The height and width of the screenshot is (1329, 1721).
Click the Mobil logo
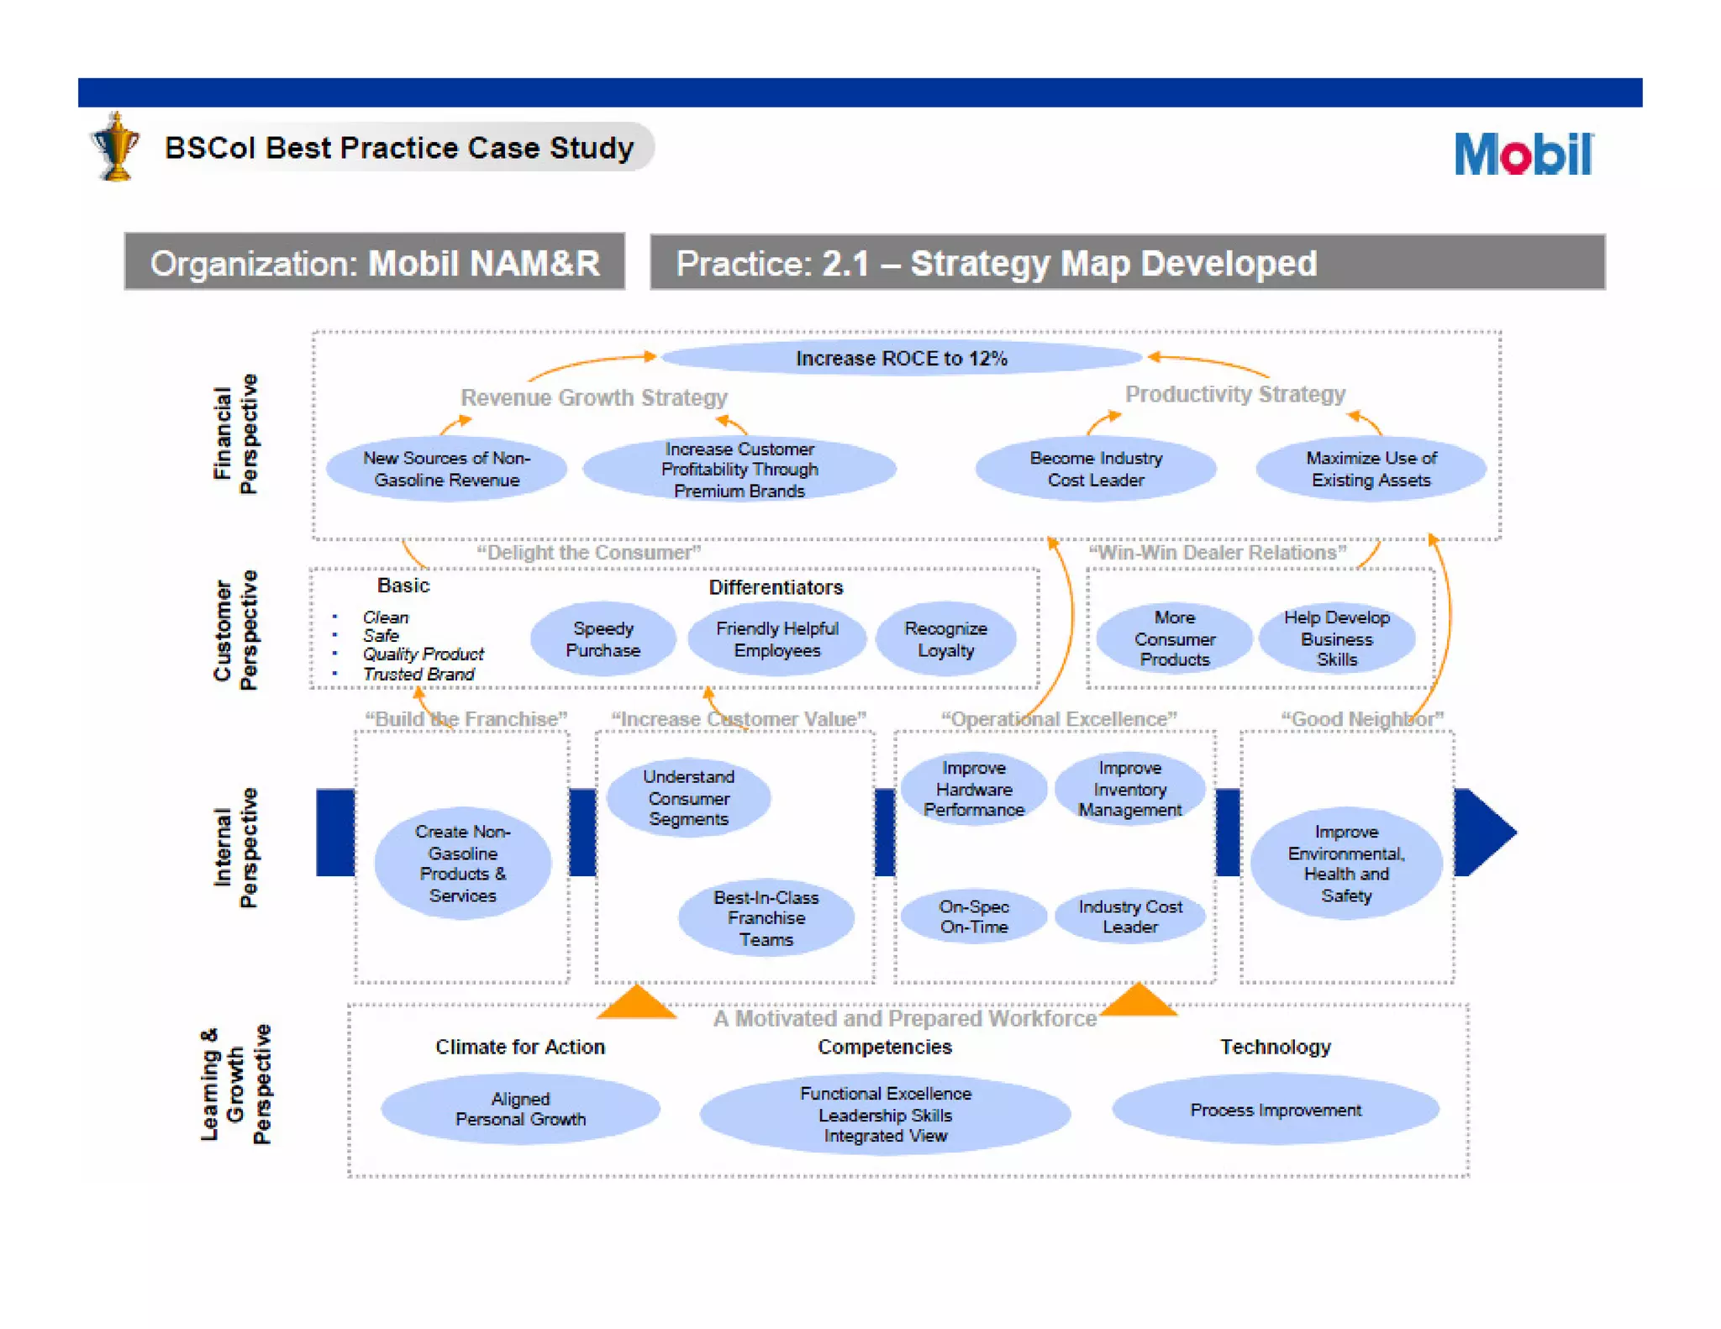click(1522, 154)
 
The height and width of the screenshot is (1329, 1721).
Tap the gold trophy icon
click(115, 148)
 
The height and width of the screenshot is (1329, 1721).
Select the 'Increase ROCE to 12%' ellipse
click(901, 359)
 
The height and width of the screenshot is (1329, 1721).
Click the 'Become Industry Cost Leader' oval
click(1095, 469)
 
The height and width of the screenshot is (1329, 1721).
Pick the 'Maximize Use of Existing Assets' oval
click(1370, 469)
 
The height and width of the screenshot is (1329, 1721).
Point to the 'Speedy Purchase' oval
click(603, 639)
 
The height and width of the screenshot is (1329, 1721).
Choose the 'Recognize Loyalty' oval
click(945, 639)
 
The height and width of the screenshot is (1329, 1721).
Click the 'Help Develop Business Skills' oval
click(1336, 638)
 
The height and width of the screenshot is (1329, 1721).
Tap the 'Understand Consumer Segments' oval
click(688, 797)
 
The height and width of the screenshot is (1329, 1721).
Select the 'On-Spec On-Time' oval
click(973, 917)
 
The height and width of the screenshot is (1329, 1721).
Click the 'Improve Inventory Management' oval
click(1129, 789)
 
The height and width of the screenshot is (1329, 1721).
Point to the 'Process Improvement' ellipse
click(1275, 1110)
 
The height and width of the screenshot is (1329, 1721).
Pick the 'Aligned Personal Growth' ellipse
click(520, 1109)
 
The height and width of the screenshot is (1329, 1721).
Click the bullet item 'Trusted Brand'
click(418, 675)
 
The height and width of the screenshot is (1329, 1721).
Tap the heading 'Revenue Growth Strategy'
click(593, 397)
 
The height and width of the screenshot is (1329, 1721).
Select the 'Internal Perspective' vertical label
click(235, 848)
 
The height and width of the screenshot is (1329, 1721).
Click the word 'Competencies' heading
click(885, 1047)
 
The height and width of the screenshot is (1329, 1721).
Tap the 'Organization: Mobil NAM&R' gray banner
click(375, 263)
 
